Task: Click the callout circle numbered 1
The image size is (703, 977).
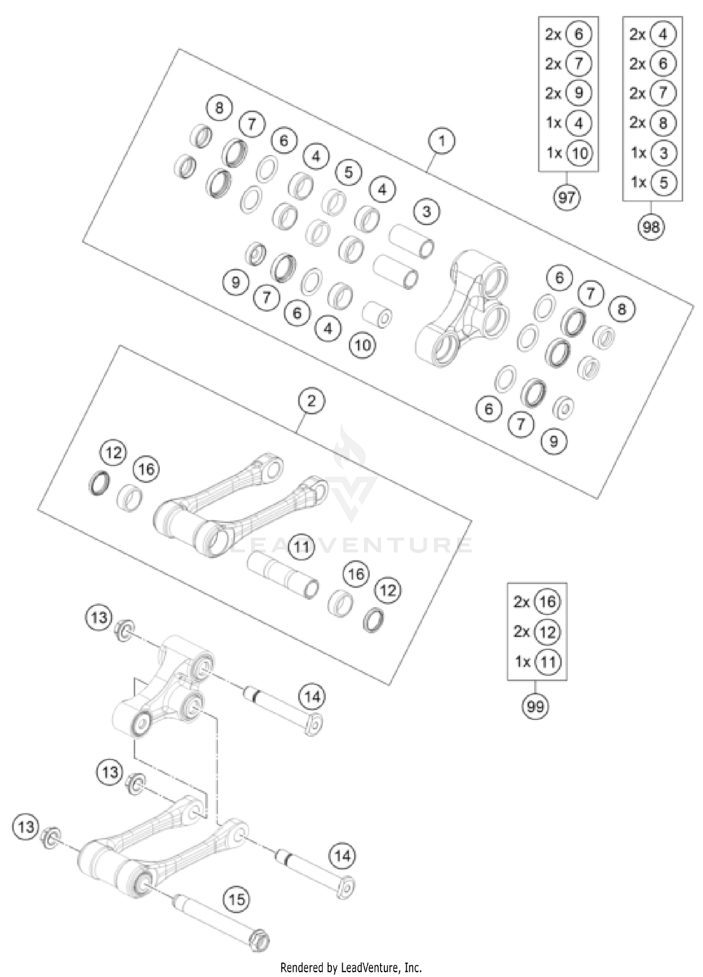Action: pos(441,140)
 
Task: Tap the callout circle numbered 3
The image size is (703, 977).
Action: pos(426,211)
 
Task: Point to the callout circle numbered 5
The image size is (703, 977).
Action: pos(348,172)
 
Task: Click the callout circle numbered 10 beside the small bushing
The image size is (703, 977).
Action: pos(363,346)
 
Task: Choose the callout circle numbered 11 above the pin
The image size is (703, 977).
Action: pos(301,546)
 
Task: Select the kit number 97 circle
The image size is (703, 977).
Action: pos(567,197)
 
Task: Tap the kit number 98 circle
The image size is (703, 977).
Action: pos(651,227)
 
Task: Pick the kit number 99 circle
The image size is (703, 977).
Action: pos(535,706)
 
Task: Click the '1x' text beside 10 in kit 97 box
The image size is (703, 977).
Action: pos(554,153)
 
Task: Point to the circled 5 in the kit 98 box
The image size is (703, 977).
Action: pos(663,182)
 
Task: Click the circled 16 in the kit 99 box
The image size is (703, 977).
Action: pos(547,601)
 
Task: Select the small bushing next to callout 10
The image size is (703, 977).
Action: pos(378,315)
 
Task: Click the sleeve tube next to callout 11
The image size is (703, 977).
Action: pos(284,575)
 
